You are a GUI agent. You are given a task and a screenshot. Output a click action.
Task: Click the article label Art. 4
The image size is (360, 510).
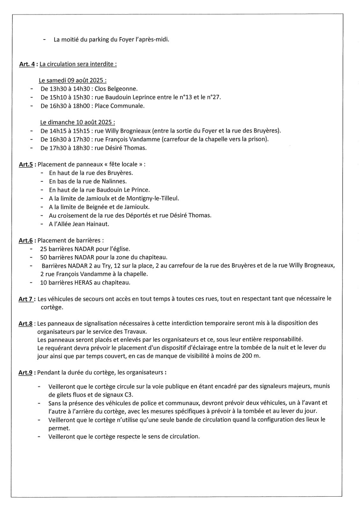27,64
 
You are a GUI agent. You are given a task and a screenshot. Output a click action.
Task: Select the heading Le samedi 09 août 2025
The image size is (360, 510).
72,80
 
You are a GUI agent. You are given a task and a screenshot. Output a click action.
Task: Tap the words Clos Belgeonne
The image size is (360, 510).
116,89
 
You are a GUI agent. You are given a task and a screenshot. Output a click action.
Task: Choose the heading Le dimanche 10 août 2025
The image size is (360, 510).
77,122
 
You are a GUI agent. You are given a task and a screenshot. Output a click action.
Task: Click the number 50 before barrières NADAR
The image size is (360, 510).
43,257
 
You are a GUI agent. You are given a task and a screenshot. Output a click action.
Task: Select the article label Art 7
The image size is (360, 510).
26,299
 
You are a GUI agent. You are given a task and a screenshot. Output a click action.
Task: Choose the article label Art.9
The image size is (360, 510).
25,372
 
